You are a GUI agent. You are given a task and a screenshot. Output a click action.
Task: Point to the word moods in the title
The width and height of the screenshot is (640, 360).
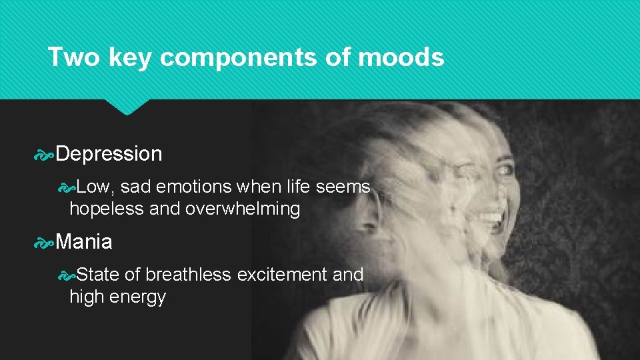click(401, 58)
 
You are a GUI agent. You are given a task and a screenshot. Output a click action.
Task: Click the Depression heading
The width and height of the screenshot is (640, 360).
click(109, 154)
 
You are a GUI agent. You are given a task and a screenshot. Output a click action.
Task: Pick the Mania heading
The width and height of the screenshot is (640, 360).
click(84, 242)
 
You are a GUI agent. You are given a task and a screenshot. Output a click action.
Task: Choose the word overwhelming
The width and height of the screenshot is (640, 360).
click(242, 209)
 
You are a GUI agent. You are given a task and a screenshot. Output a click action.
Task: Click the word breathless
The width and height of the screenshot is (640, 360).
click(189, 275)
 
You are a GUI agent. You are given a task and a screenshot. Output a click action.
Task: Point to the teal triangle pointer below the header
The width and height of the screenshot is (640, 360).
click(127, 107)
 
